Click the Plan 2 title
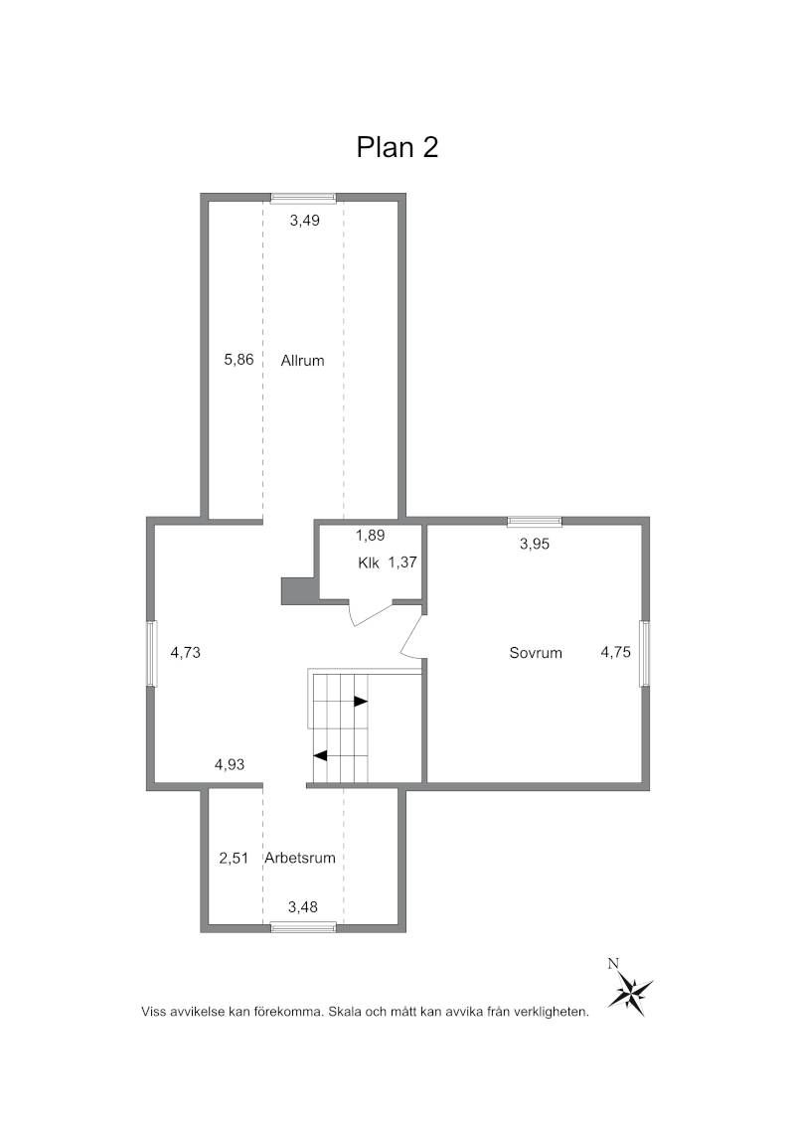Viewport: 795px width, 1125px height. [397, 147]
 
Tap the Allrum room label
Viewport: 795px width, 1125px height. [302, 361]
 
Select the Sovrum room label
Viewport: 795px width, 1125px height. [536, 653]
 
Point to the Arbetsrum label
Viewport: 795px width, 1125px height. [300, 858]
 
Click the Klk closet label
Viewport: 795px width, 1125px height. [368, 563]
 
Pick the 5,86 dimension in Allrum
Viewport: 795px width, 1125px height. [238, 360]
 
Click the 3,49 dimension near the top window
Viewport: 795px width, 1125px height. [304, 221]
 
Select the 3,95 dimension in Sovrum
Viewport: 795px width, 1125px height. [535, 544]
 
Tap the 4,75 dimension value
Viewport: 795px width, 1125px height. [615, 652]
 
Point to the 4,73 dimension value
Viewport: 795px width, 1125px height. [185, 653]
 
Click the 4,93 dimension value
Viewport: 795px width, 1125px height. [230, 765]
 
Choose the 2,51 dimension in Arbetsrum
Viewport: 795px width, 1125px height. [234, 858]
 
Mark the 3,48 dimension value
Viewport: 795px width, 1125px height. [303, 907]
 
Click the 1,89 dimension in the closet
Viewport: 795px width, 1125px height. [371, 536]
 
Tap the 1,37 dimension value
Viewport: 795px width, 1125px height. [402, 563]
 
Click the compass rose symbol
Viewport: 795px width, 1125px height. [630, 990]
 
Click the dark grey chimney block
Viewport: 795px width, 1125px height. [298, 589]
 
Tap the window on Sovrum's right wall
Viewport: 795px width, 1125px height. [645, 654]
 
